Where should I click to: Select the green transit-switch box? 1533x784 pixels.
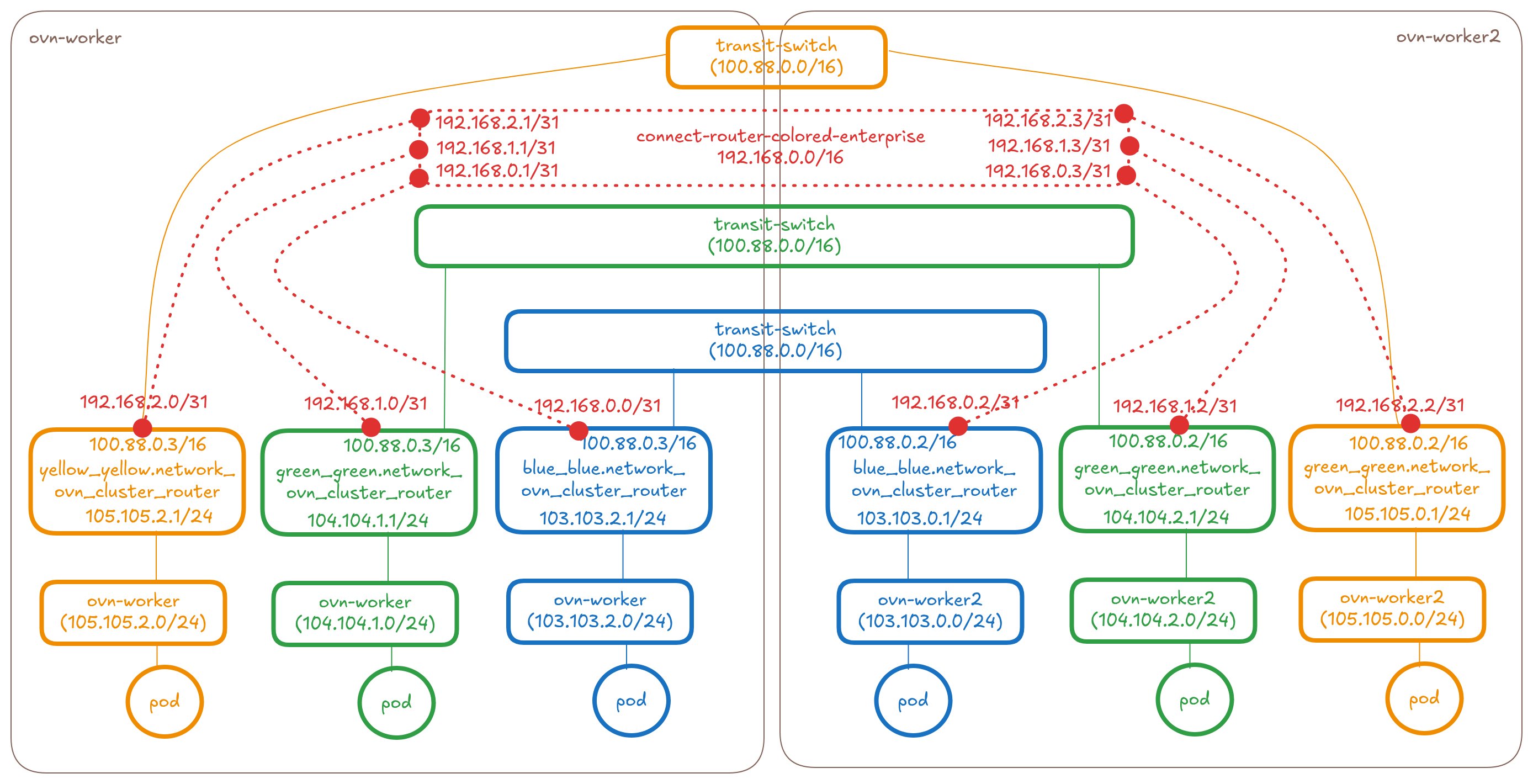(773, 236)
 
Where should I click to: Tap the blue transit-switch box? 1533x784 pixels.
(775, 341)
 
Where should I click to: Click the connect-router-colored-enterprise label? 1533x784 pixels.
(780, 137)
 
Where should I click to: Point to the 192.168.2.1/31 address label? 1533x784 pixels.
(497, 123)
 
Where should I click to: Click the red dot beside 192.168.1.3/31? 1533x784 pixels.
(1129, 145)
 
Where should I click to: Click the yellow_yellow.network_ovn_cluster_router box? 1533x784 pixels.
(137, 481)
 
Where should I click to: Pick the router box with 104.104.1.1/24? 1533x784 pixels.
(369, 482)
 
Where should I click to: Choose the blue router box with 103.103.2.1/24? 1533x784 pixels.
(603, 481)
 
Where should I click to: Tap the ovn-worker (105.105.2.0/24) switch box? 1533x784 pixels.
(133, 612)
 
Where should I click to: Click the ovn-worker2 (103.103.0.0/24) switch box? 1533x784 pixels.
(930, 611)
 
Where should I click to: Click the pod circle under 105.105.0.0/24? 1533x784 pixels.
(1424, 699)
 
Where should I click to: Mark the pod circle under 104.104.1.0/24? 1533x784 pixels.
(396, 702)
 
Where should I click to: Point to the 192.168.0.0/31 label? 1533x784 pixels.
(597, 406)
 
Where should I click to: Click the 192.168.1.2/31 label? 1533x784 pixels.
(1175, 406)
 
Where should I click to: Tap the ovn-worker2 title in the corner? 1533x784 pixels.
(1447, 37)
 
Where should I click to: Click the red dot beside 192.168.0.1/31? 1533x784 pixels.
(419, 177)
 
